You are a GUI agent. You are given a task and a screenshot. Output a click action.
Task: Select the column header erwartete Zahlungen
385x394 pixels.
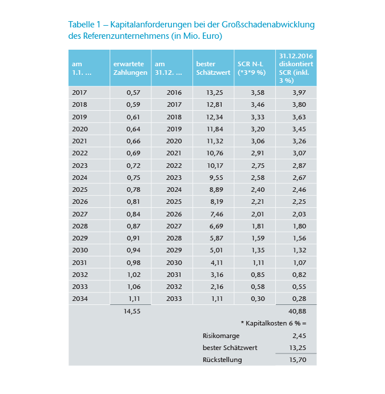pyautogui.click(x=130, y=69)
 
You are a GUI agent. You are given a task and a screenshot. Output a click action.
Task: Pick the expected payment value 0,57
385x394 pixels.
pyautogui.click(x=133, y=93)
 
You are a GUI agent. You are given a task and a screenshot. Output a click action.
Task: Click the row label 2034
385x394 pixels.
pyautogui.click(x=81, y=298)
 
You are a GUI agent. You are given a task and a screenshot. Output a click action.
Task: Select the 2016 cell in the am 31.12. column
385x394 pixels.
pyautogui.click(x=174, y=93)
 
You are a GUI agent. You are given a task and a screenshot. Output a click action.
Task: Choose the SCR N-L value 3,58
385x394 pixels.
pyautogui.click(x=259, y=93)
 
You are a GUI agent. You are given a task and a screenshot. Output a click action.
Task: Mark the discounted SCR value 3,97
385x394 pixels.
pyautogui.click(x=299, y=93)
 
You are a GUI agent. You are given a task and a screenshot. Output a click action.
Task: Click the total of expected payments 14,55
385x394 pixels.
pyautogui.click(x=132, y=312)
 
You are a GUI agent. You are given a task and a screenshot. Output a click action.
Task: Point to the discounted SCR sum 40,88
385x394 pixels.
pyautogui.click(x=299, y=312)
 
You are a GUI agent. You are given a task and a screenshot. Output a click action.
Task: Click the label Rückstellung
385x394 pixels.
pyautogui.click(x=222, y=360)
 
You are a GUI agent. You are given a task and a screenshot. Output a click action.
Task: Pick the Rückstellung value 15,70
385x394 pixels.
pyautogui.click(x=299, y=360)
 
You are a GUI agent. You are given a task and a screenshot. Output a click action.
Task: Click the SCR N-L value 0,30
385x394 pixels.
pyautogui.click(x=259, y=298)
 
